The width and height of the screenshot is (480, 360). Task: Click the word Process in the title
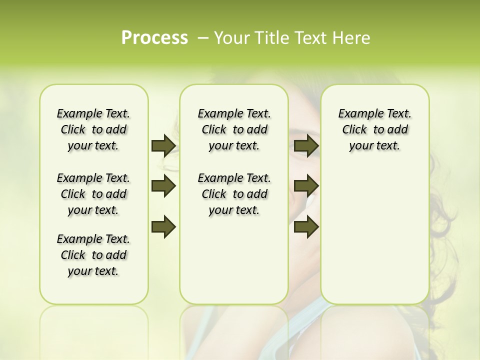154,38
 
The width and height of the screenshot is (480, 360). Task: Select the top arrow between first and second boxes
163,145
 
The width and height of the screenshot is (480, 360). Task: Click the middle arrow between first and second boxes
163,186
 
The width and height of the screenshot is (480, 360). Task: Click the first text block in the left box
93,129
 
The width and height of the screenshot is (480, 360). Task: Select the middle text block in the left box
93,194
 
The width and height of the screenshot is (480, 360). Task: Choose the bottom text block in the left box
93,255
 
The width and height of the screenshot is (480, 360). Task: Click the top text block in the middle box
234,129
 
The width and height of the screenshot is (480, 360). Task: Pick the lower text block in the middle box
234,194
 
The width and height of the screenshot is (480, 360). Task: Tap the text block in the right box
374,129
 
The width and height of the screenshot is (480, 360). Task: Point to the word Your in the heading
230,38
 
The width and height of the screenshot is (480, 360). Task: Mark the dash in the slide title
203,38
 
